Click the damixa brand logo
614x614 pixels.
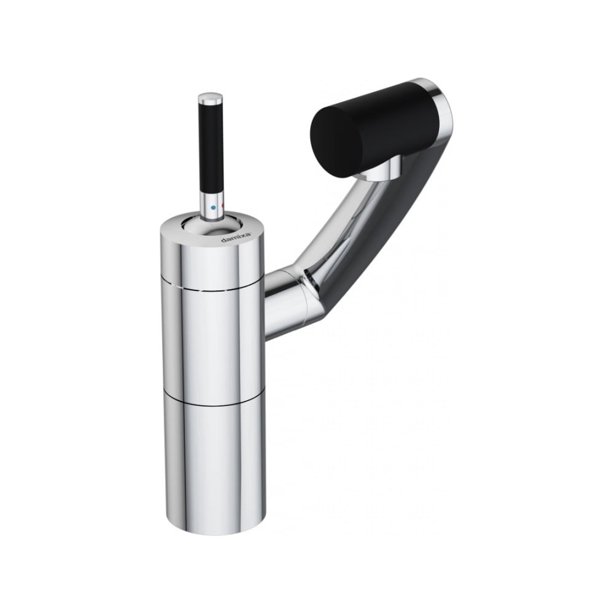point(236,236)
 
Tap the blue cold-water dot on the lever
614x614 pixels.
point(212,207)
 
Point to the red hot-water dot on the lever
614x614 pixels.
point(222,206)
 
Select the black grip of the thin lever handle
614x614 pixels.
point(212,148)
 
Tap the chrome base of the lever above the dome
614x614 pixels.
point(212,206)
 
